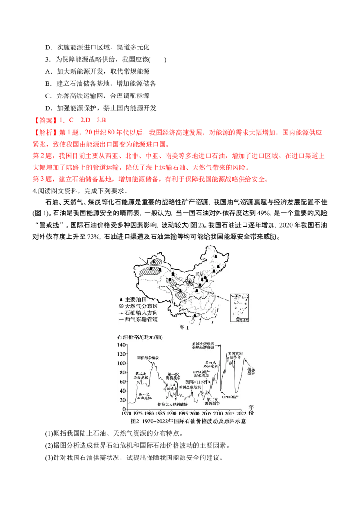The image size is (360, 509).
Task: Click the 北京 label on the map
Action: pyautogui.click(x=199, y=273)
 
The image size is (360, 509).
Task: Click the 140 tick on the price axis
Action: pyautogui.click(x=121, y=344)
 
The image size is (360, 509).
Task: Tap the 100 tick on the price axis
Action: pyautogui.click(x=121, y=363)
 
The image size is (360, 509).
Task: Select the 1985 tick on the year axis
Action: pyautogui.click(x=160, y=413)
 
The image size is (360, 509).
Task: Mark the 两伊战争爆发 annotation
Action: pyautogui.click(x=148, y=358)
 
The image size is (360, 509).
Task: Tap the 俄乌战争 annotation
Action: pyautogui.click(x=251, y=371)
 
